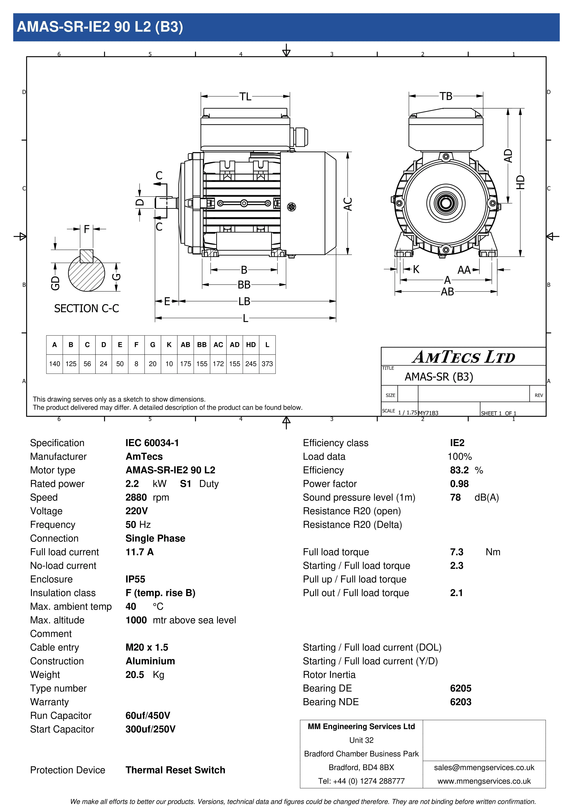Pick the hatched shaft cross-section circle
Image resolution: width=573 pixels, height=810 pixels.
(x=87, y=273)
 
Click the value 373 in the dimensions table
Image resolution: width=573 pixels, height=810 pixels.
(x=267, y=364)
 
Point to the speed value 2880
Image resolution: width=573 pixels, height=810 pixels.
(x=136, y=497)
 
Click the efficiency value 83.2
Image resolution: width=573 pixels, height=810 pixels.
(x=459, y=470)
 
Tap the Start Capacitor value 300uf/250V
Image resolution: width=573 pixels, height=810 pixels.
(x=150, y=729)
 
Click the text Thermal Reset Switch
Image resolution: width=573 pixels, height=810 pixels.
(x=175, y=770)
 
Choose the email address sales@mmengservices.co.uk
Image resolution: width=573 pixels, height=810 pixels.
(x=484, y=768)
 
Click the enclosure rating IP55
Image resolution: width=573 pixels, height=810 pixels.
(x=135, y=579)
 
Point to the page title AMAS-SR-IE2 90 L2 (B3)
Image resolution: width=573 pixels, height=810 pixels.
(x=100, y=27)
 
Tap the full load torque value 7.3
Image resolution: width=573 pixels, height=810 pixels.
(x=456, y=552)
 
